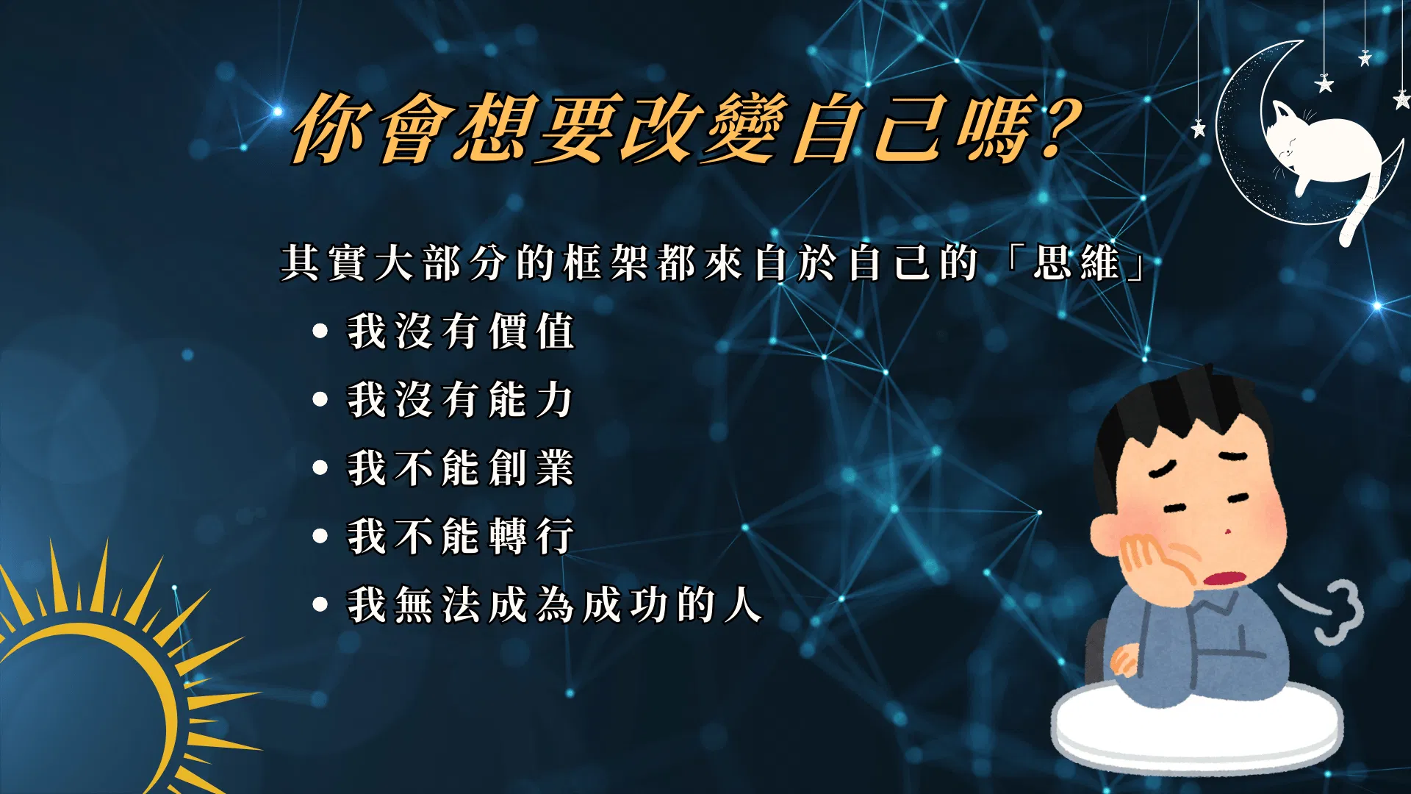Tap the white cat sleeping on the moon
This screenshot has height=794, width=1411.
click(x=1323, y=147)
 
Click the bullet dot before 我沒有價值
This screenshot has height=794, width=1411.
click(x=320, y=332)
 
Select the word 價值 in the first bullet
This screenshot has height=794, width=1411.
click(x=532, y=332)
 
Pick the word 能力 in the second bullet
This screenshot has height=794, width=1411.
click(x=531, y=400)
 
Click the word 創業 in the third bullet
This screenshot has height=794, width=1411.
click(x=531, y=468)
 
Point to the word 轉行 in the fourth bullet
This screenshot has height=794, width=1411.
click(x=531, y=536)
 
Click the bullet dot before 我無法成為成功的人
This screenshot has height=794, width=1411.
click(x=320, y=605)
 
